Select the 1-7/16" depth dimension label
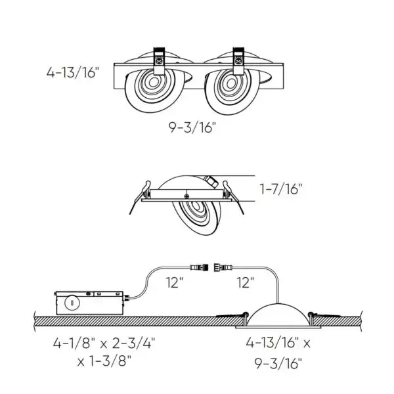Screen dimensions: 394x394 pyautogui.click(x=281, y=190)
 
